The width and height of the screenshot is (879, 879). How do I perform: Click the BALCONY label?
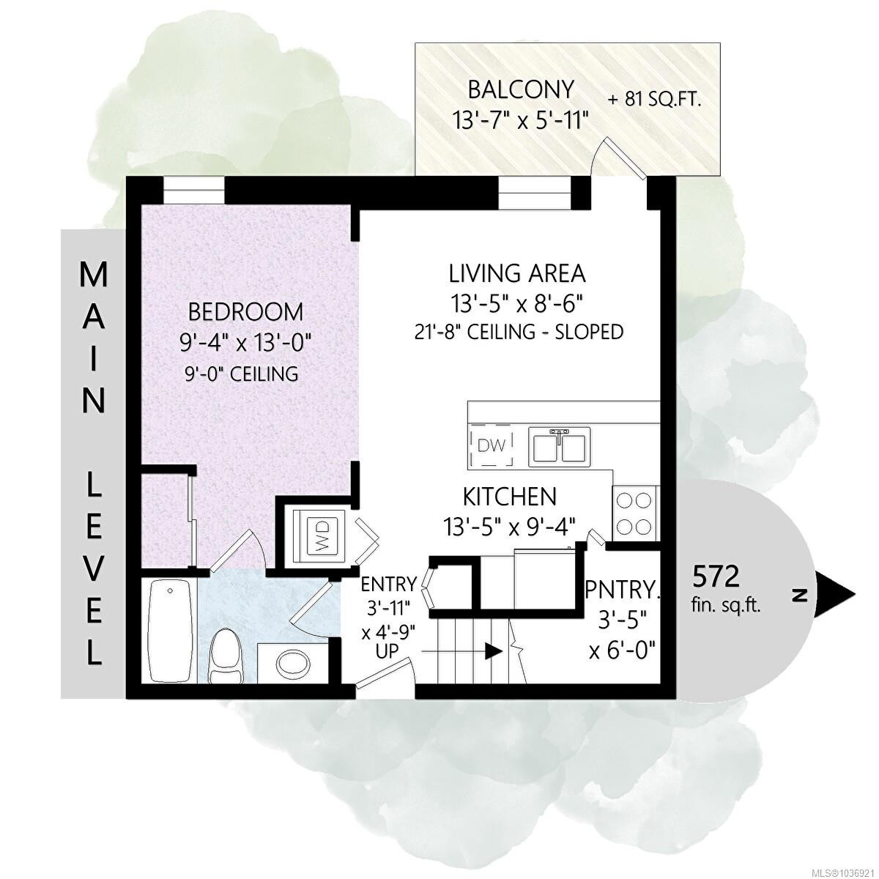click(x=521, y=90)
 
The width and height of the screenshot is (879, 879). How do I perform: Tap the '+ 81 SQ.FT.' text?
click(x=654, y=100)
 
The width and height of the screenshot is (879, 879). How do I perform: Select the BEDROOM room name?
click(x=245, y=313)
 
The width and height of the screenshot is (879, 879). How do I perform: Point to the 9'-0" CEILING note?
click(x=240, y=374)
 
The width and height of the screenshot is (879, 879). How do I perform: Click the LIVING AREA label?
click(x=517, y=274)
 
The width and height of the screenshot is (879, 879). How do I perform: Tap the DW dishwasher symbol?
click(x=492, y=445)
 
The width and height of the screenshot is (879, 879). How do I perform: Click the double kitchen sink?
click(x=559, y=447)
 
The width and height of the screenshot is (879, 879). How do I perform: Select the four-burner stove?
click(x=634, y=513)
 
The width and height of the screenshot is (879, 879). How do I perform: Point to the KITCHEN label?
click(x=510, y=497)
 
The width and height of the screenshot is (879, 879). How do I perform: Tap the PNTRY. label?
click(x=623, y=590)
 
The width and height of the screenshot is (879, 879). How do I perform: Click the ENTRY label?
click(x=389, y=583)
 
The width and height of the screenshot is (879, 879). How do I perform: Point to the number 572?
click(x=716, y=577)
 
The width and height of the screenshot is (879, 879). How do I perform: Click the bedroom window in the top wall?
click(x=194, y=190)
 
